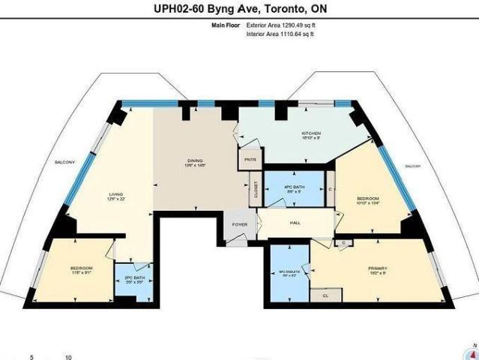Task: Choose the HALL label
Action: pyautogui.click(x=295, y=223)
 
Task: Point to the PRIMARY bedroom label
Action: pyautogui.click(x=377, y=268)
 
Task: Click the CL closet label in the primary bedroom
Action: pyautogui.click(x=325, y=296)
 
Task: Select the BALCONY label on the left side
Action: pyautogui.click(x=64, y=161)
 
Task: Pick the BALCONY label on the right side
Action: pyautogui.click(x=413, y=166)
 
